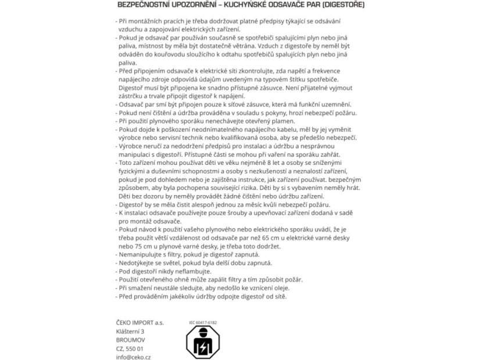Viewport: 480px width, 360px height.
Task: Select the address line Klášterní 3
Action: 130,332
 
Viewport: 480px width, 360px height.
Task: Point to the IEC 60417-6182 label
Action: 203,322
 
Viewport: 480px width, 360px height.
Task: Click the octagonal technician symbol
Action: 203,343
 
